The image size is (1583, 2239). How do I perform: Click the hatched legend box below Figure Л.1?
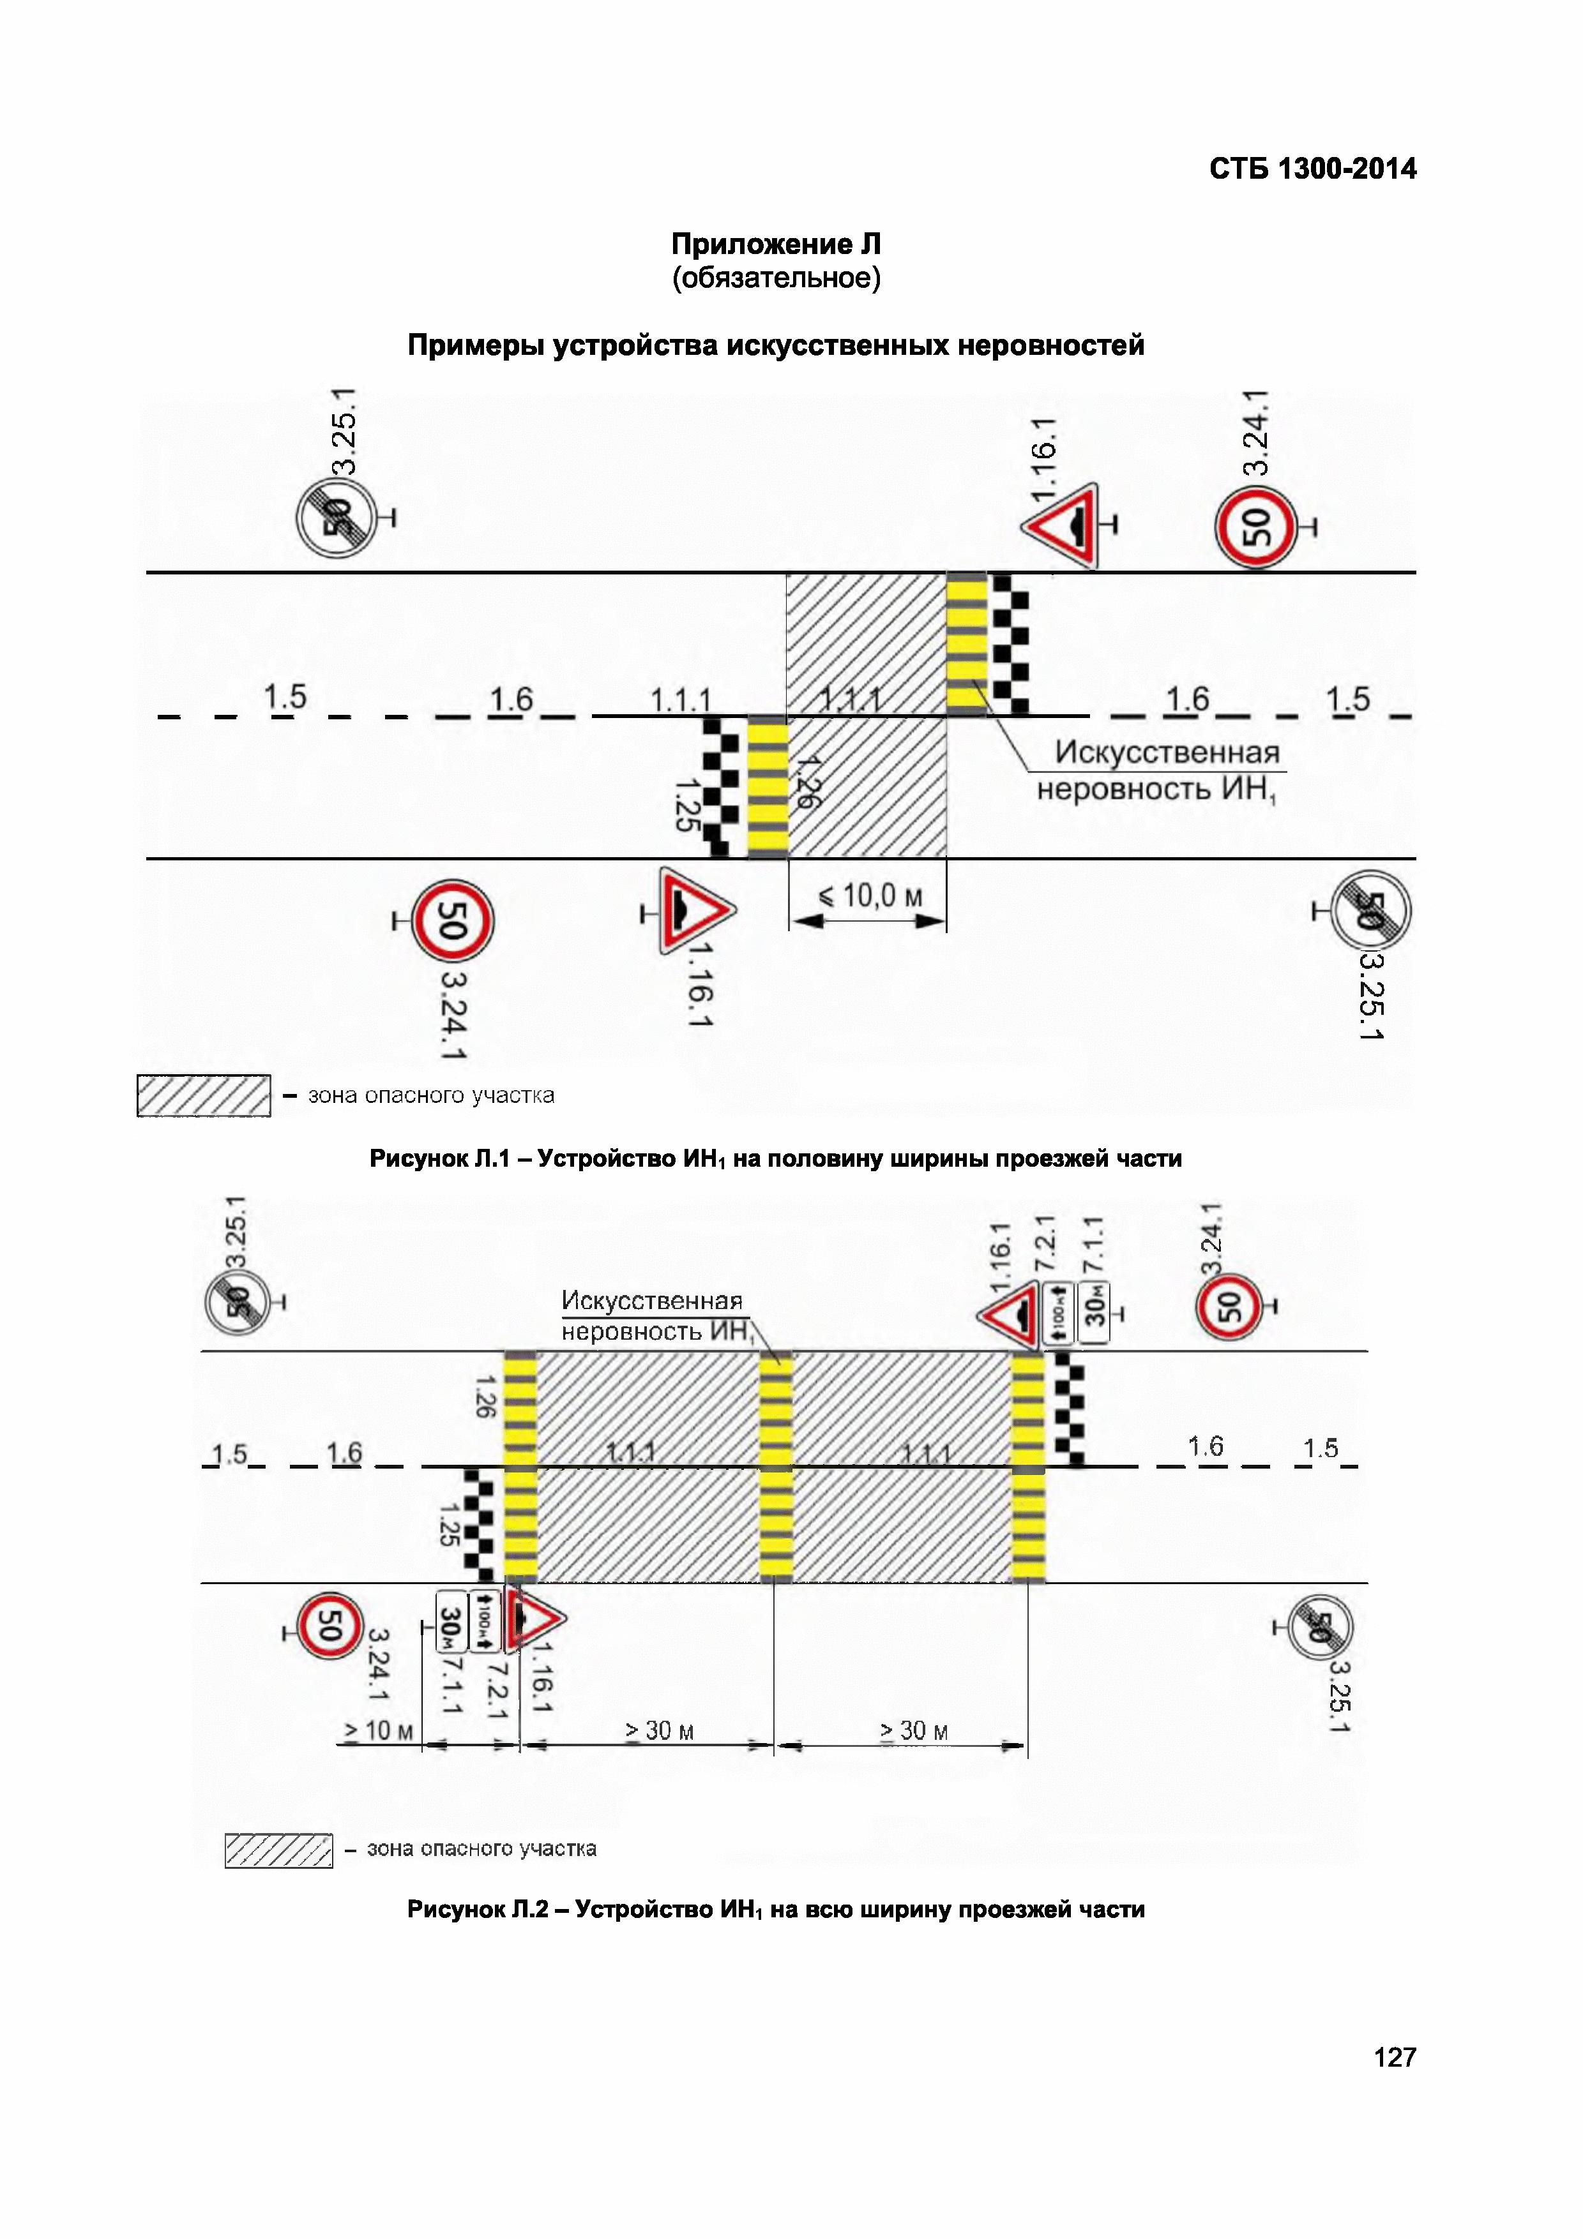point(203,1095)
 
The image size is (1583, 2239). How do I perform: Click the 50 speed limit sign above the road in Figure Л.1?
point(1256,527)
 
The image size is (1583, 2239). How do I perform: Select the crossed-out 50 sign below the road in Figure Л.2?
point(1320,1626)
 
